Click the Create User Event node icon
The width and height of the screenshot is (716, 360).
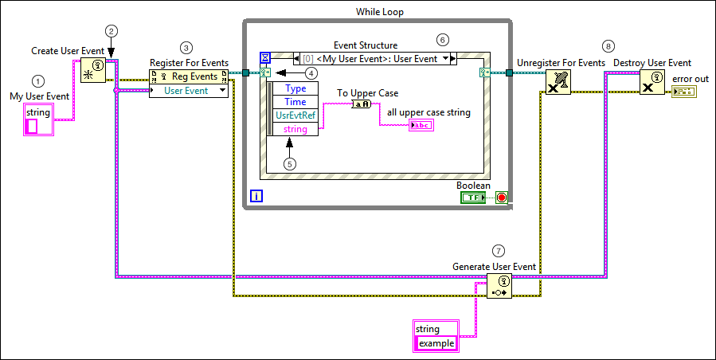click(92, 69)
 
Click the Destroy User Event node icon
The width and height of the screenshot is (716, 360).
click(651, 81)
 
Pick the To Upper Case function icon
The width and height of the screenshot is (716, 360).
click(361, 104)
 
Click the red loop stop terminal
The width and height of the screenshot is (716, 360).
click(501, 197)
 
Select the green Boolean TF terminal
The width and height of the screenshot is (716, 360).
click(472, 197)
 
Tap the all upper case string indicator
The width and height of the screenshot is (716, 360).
click(421, 125)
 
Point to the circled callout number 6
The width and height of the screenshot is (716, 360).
click(443, 39)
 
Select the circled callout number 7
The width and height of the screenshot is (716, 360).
click(499, 251)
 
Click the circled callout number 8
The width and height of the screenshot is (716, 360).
click(609, 46)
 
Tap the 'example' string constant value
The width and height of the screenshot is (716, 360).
click(436, 343)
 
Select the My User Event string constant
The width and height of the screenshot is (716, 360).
click(38, 119)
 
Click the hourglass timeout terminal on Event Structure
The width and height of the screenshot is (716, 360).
click(266, 58)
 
